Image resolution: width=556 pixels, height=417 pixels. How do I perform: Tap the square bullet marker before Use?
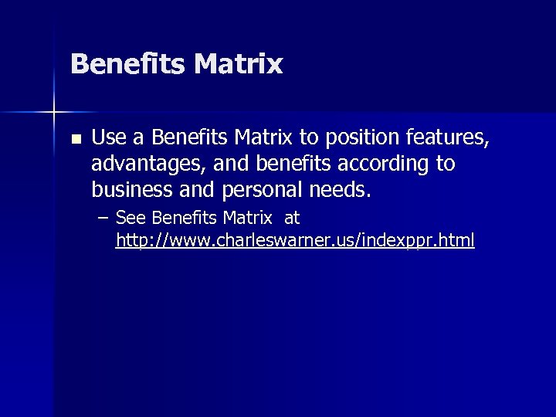pos(74,141)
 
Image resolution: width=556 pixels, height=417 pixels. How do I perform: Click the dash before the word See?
pos(103,219)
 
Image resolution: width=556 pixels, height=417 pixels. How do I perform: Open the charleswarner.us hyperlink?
pos(295,242)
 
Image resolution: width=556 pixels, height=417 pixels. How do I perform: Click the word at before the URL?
pos(291,219)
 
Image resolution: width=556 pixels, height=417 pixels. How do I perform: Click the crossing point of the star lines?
pos(54,112)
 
